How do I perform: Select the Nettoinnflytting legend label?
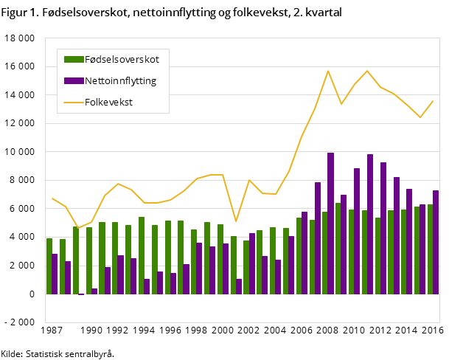click(x=120, y=80)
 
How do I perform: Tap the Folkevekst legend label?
click(x=108, y=102)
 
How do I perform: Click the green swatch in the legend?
click(x=74, y=59)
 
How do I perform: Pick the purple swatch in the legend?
click(x=74, y=80)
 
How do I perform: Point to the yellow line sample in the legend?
click(x=74, y=102)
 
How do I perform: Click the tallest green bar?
click(x=338, y=248)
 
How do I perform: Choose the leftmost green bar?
click(x=49, y=266)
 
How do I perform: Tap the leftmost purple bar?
click(x=55, y=274)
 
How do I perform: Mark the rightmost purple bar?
click(x=436, y=242)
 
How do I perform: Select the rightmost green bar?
click(x=430, y=249)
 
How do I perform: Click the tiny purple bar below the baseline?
click(x=81, y=294)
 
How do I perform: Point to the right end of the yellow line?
click(x=433, y=101)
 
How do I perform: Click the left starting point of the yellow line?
click(x=52, y=198)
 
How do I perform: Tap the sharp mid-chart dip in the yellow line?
click(x=236, y=221)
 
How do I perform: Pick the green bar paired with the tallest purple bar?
click(x=324, y=252)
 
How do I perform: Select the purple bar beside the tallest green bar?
click(x=344, y=244)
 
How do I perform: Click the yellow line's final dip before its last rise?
click(x=420, y=117)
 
